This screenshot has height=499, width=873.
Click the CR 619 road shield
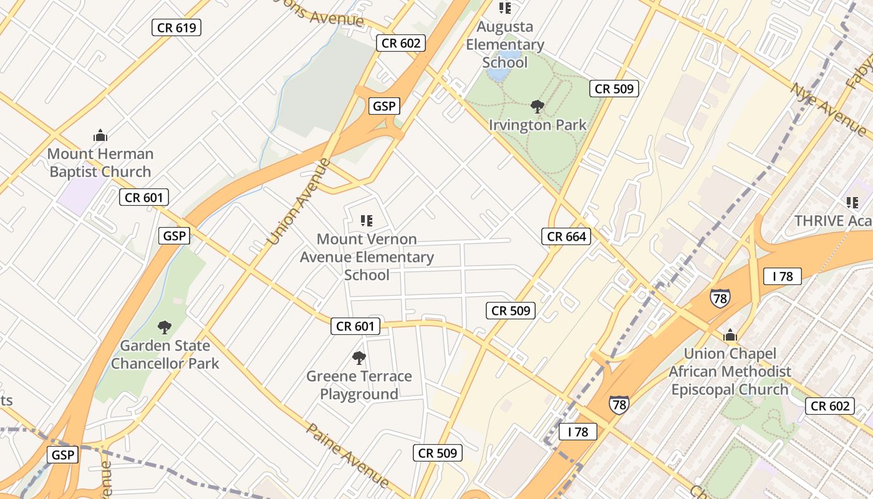pyautogui.click(x=176, y=27)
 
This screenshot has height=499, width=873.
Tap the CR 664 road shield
pyautogui.click(x=566, y=236)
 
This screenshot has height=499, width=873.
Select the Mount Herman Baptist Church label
pyautogui.click(x=100, y=163)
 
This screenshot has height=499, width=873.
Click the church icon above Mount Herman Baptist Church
pyautogui.click(x=100, y=135)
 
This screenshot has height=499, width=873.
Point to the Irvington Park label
pyautogui.click(x=538, y=125)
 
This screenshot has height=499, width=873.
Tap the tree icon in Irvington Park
pyautogui.click(x=537, y=107)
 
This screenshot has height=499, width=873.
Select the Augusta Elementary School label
pyautogui.click(x=505, y=45)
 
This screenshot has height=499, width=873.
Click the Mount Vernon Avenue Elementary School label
pyautogui.click(x=367, y=257)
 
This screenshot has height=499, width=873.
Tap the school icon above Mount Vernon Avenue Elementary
pyautogui.click(x=367, y=220)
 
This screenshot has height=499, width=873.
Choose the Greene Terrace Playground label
pyautogui.click(x=359, y=385)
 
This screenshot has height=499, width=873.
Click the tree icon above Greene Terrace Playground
pyautogui.click(x=359, y=357)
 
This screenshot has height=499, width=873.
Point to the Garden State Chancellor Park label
pyautogui.click(x=165, y=354)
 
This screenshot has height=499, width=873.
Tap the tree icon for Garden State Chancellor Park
pyautogui.click(x=165, y=327)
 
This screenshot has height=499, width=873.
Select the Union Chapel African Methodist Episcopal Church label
pyautogui.click(x=730, y=372)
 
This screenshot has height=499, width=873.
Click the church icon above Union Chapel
pyautogui.click(x=730, y=336)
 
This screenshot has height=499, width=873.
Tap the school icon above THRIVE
pyautogui.click(x=852, y=202)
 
